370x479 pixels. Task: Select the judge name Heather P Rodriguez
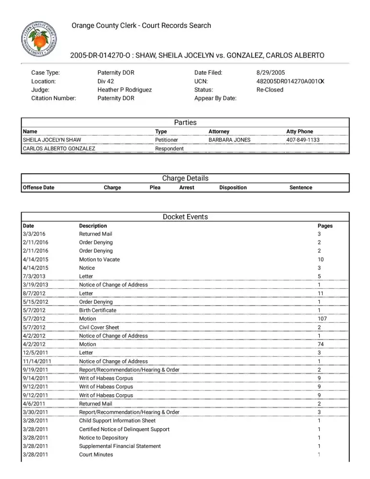(x=124, y=90)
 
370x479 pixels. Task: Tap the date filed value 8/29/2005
(x=270, y=73)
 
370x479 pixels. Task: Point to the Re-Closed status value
(x=270, y=90)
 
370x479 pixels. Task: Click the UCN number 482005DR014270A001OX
(x=290, y=81)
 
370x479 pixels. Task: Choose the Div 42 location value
(x=106, y=81)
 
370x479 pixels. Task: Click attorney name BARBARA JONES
(x=229, y=140)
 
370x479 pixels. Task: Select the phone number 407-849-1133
(x=303, y=140)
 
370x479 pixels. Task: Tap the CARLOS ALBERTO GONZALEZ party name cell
(x=59, y=148)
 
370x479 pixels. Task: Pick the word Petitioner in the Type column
(x=167, y=140)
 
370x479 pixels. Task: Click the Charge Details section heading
(x=185, y=178)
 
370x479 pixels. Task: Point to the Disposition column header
(x=233, y=188)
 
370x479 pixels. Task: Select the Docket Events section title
(x=185, y=217)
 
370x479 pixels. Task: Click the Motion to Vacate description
(x=100, y=260)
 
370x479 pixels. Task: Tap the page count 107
(x=322, y=319)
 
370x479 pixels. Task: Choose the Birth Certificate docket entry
(x=98, y=310)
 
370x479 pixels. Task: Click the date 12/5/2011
(x=35, y=353)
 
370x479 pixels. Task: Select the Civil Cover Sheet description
(x=99, y=328)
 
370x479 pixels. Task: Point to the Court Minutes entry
(x=96, y=455)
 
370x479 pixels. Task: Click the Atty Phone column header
(x=300, y=131)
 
